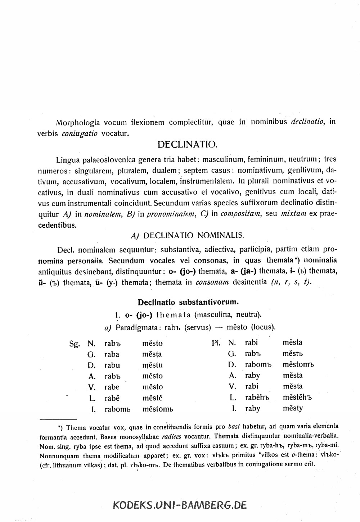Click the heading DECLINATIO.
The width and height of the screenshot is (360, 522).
coord(187,145)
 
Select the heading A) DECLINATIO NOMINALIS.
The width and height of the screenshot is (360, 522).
coord(188,236)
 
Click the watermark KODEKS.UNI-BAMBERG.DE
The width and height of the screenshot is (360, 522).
coord(180,505)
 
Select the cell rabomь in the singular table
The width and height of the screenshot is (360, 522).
coord(117,409)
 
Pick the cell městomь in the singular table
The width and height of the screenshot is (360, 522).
coord(158,409)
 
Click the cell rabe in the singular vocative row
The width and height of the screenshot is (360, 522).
coord(112,387)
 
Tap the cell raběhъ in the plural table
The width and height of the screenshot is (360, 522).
coord(257,398)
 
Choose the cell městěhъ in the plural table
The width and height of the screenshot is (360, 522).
coord(297,398)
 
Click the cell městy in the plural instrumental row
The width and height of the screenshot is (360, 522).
coord(293,408)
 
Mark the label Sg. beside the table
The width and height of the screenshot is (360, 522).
coord(74,344)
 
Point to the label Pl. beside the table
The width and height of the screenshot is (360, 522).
coord(216,342)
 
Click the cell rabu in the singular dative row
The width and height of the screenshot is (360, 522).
coord(112,365)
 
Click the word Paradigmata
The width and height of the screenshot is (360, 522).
coord(139,327)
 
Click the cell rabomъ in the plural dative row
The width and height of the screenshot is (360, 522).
coord(258,365)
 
